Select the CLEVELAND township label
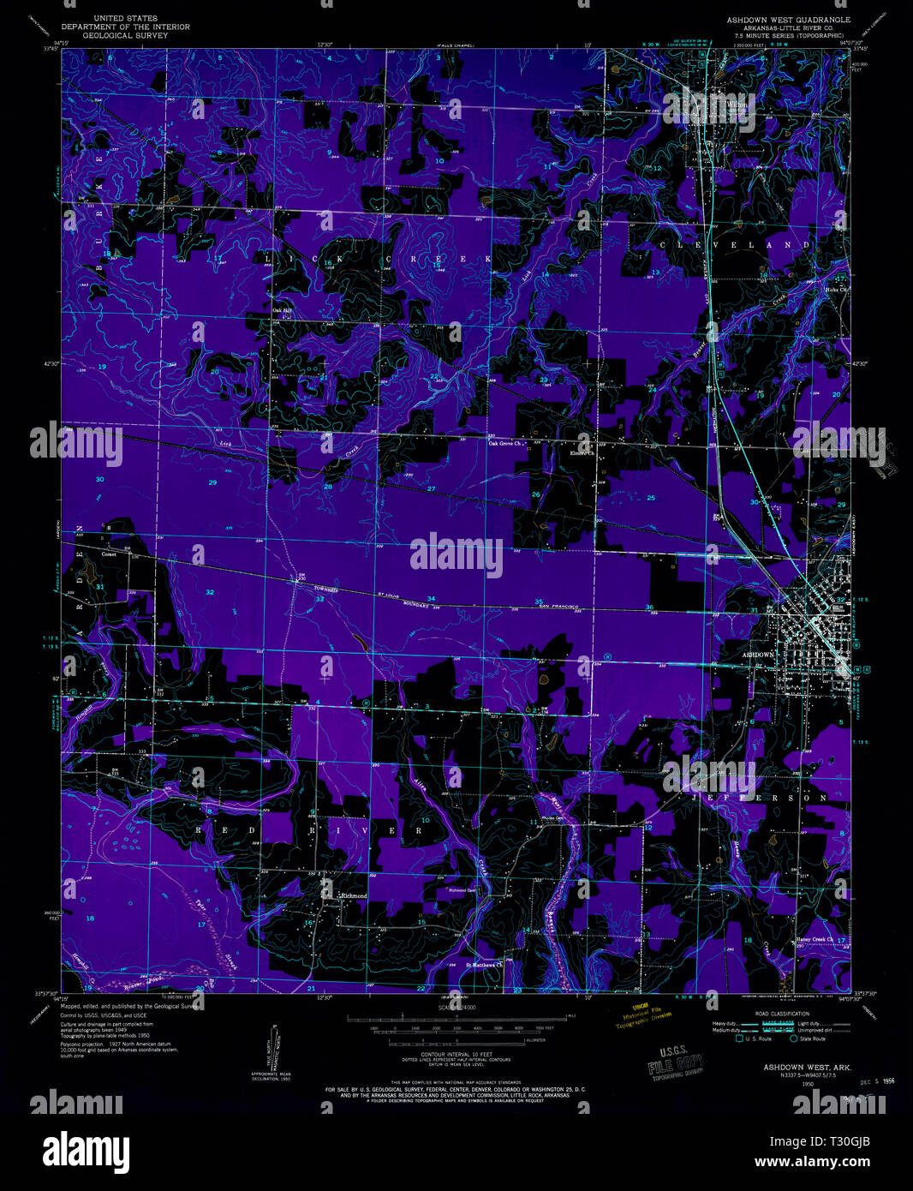pos(735,245)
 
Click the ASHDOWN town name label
pos(758,654)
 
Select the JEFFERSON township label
pos(760,798)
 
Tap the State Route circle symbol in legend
pos(794,1038)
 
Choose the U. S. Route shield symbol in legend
pos(739,1038)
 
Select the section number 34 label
pos(431,599)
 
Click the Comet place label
pos(109,554)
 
